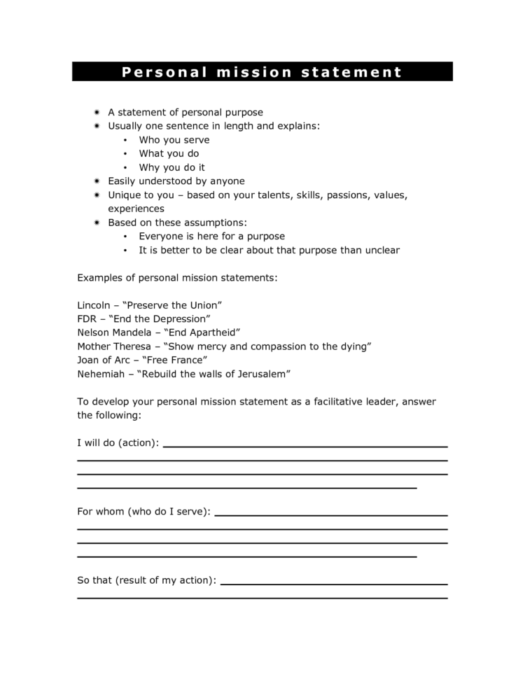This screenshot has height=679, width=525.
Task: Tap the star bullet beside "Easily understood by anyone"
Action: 97,181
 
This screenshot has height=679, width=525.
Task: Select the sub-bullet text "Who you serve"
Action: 174,140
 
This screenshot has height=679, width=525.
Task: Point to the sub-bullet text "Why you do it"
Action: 172,167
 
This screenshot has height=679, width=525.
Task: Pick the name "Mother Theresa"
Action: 114,346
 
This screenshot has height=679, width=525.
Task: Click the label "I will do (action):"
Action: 118,442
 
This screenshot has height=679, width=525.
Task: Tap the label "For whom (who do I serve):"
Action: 143,512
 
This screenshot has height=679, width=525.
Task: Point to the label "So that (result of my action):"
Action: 146,580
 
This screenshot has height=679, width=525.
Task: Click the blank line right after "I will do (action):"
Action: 305,446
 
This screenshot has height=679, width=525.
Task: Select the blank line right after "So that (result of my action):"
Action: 334,584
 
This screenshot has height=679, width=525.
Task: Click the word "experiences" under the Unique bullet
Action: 136,209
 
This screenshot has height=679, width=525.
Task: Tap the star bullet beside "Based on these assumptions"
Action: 97,223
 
